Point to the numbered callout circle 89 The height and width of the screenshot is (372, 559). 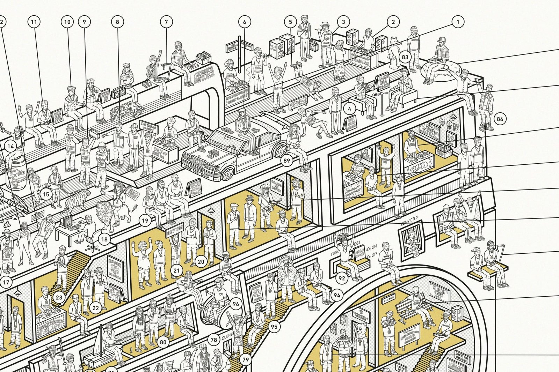pyautogui.click(x=287, y=161)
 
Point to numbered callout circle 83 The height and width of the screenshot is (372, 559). pyautogui.click(x=405, y=58)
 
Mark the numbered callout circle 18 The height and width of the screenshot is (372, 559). pyautogui.click(x=104, y=239)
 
